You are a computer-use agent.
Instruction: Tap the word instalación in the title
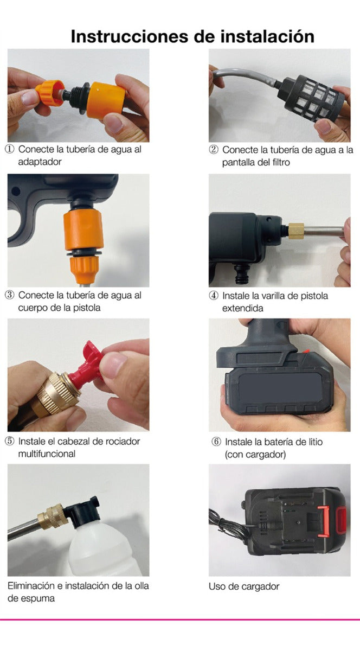tap(267, 37)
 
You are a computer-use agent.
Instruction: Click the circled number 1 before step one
tap(10, 149)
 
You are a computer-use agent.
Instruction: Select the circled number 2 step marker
tap(214, 150)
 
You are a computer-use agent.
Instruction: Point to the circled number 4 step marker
tap(214, 296)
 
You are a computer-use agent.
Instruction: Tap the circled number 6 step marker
tap(216, 442)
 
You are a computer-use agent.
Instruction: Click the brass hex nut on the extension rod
tap(297, 231)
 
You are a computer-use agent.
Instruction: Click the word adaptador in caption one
tap(40, 162)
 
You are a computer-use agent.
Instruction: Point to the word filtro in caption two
tap(281, 162)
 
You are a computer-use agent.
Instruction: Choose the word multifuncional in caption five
tap(47, 454)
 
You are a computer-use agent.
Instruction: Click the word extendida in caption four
tap(242, 308)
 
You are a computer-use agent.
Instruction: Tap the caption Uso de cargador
tap(244, 586)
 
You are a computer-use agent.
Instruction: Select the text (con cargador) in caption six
tap(255, 454)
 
